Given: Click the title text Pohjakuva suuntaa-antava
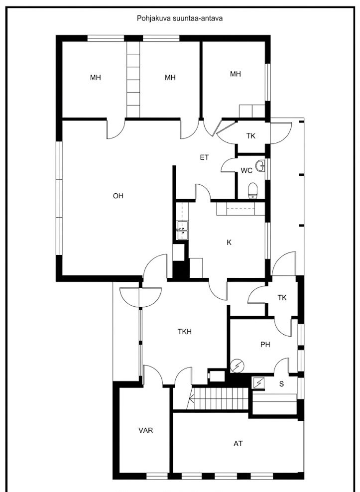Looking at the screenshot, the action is point(180,18).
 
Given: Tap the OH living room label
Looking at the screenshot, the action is point(118,196).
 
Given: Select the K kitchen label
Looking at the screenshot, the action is point(229,242).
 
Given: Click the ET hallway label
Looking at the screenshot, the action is point(204,157).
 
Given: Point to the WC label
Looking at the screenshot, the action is point(246,171).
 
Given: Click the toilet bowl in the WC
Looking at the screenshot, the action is point(252,191).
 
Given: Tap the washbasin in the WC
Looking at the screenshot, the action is point(260,166).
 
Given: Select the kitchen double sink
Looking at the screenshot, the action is point(182,230).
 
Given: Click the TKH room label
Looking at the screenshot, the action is point(185,331).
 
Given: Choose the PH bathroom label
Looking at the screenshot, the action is point(265,345).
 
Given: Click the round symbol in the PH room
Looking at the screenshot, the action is point(238,366).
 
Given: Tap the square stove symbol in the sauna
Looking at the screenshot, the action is point(259,383).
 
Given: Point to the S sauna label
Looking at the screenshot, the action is point(281,384).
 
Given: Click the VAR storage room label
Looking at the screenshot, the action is point(146,430).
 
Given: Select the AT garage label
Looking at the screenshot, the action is point(238,443).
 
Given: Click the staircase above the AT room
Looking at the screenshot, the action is point(220,398).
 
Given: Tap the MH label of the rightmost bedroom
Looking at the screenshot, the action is point(236,74).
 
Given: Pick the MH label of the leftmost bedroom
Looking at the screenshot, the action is point(96,78).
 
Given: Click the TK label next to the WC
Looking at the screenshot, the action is point(251,136).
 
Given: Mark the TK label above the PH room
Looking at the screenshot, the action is point(282,297).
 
